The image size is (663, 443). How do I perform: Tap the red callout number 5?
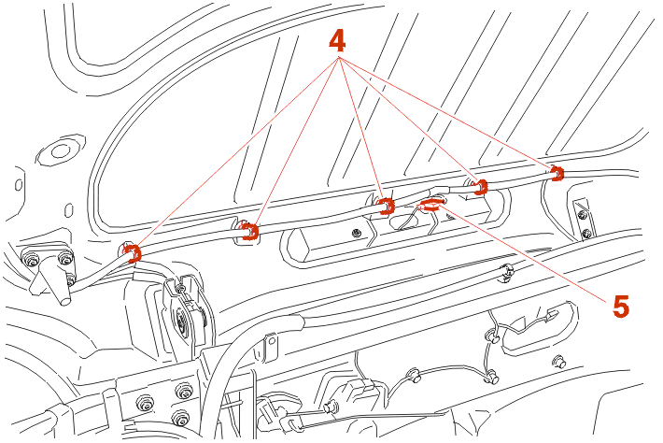click(x=621, y=306)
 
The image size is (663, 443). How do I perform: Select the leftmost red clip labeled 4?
click(x=134, y=253)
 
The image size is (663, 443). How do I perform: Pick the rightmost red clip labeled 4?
click(x=557, y=173)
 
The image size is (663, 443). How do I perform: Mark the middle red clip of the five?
click(x=386, y=206)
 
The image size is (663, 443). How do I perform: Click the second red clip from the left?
click(x=250, y=232)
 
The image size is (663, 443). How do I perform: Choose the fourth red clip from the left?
click(x=480, y=187)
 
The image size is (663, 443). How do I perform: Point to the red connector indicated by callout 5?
click(x=430, y=206)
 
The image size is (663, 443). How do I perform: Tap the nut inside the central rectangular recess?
click(x=357, y=233)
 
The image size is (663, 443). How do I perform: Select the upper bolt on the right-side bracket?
click(x=582, y=216)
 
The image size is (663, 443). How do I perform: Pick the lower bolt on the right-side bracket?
click(x=586, y=233)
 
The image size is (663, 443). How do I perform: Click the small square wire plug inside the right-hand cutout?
click(x=552, y=315)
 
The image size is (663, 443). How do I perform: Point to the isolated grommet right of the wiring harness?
click(x=560, y=363)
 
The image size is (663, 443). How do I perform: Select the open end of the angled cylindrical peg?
click(x=63, y=300)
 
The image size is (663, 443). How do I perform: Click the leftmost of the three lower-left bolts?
click(x=145, y=403)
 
